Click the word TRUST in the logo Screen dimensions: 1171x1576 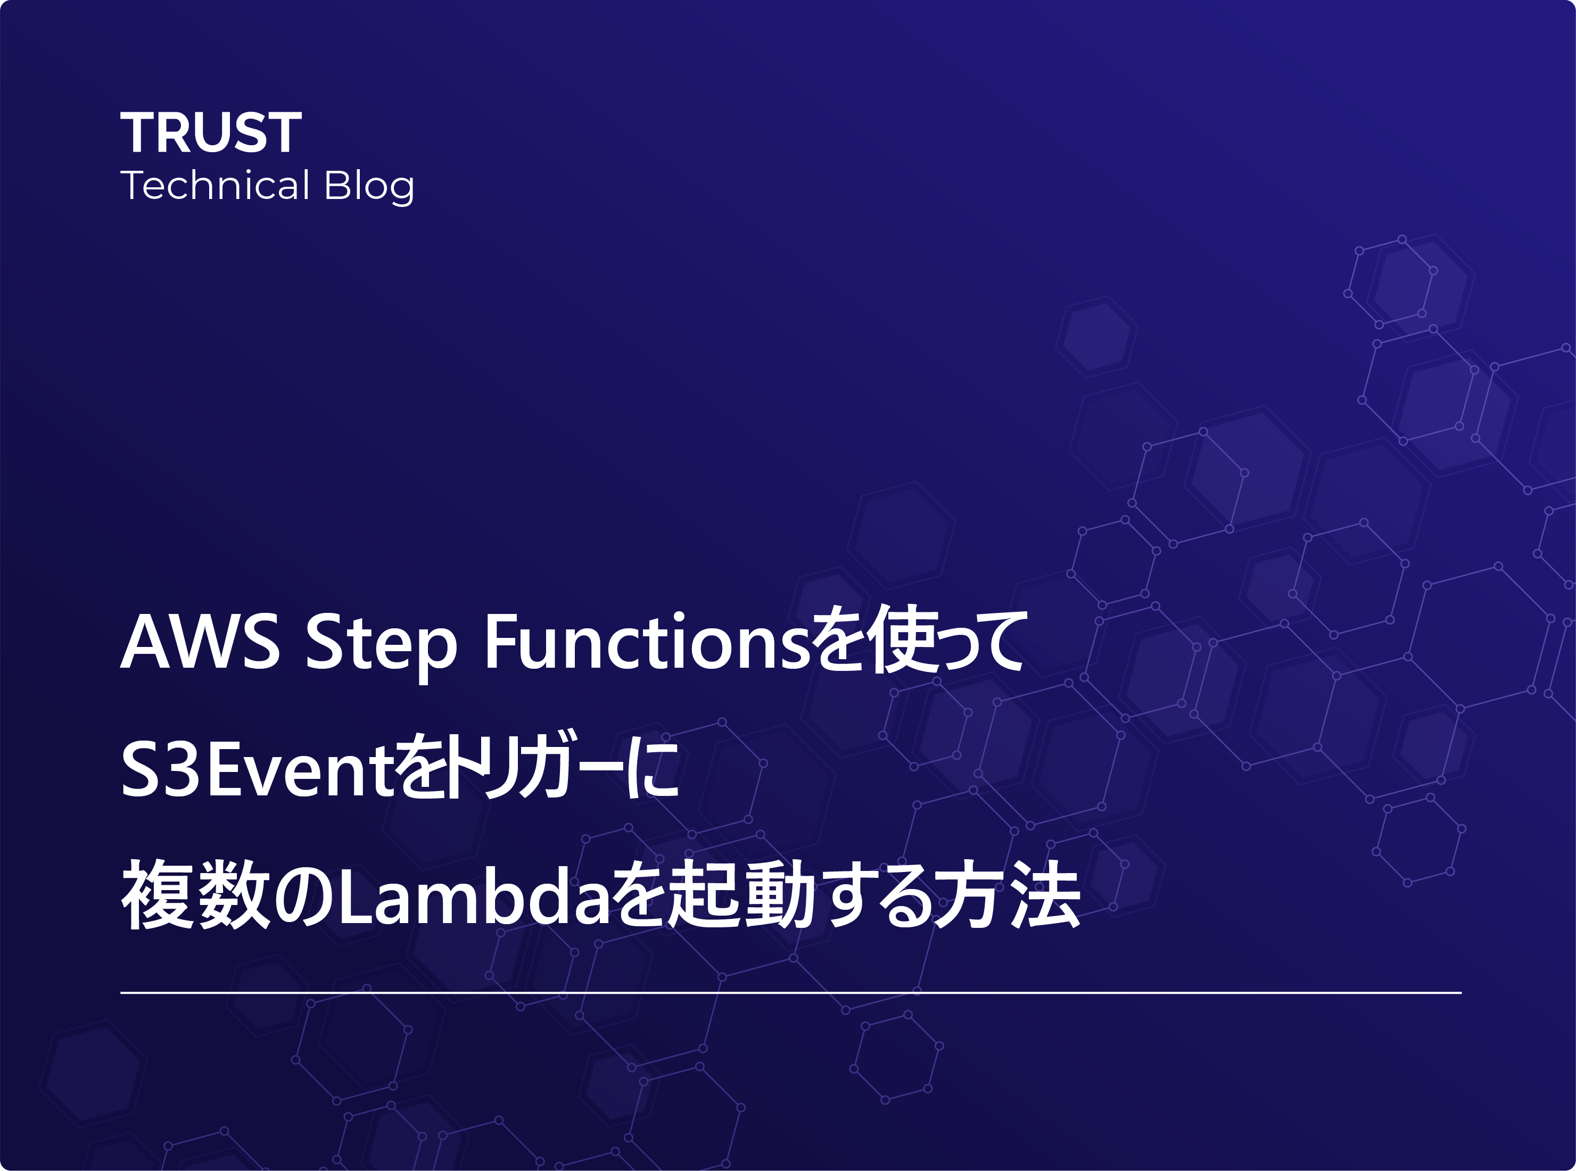[211, 132]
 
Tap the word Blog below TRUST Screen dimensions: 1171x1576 [369, 186]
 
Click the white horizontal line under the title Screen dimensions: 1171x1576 [790, 993]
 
